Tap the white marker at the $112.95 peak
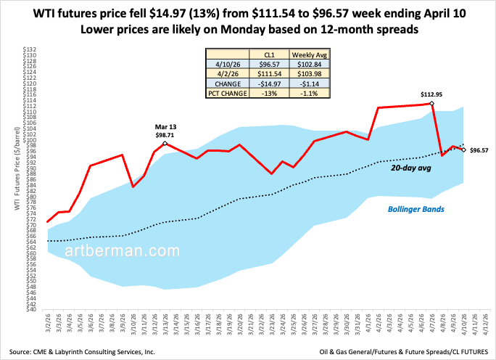432,104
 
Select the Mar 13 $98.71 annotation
166,131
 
